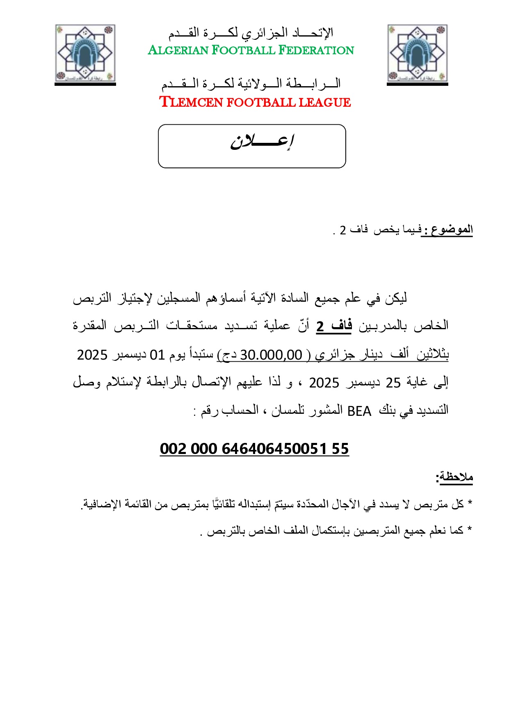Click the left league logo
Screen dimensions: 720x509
pos(85,53)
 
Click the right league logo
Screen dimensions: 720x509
pos(417,53)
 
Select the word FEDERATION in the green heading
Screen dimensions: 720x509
pos(316,50)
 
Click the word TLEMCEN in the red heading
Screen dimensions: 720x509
pos(191,102)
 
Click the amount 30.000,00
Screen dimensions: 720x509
pos(271,355)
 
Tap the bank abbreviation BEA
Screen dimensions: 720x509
pos(359,411)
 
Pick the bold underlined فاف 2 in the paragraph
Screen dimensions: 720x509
pos(334,326)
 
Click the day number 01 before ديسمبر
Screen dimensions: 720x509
pos(157,355)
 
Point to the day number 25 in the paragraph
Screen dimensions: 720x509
pos(393,383)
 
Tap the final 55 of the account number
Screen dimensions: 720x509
pos(340,449)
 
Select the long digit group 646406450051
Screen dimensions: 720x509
pos(274,449)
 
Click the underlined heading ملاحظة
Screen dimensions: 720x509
pos(456,477)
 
